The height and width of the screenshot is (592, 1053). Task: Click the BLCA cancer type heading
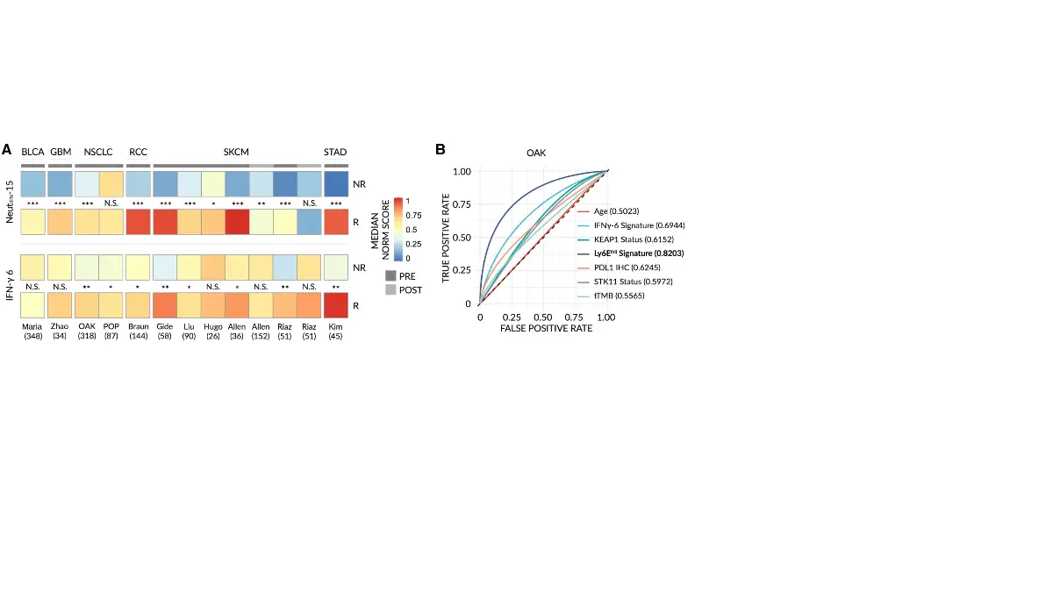coord(32,152)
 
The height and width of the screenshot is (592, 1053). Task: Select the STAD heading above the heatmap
coord(335,152)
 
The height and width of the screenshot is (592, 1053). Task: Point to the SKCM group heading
coord(236,152)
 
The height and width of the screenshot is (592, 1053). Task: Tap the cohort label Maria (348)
coord(32,330)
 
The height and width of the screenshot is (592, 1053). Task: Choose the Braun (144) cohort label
coord(138,330)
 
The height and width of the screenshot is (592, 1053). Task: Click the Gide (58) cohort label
coord(164,330)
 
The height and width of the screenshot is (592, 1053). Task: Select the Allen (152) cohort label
coord(261,330)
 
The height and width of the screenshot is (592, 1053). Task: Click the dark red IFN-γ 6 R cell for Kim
coord(335,305)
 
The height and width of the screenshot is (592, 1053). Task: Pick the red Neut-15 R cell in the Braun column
coord(138,223)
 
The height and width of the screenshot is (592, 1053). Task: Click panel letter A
coord(7,150)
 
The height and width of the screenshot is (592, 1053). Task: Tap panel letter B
coord(441,150)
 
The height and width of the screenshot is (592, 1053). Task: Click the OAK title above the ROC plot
coord(537,153)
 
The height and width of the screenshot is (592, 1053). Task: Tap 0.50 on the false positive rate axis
coord(543,316)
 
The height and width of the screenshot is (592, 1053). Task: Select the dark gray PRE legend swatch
coord(390,275)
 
